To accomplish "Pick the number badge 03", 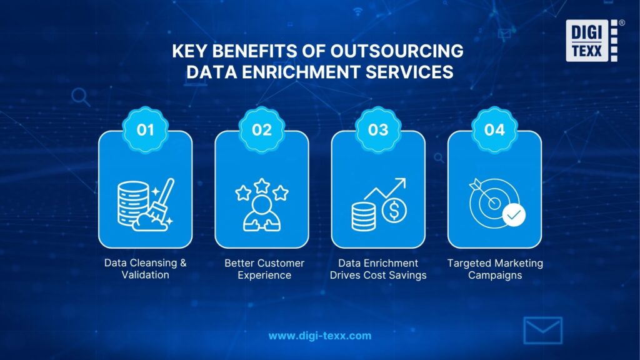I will pyautogui.click(x=378, y=130).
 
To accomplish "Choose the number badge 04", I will pyautogui.click(x=494, y=130).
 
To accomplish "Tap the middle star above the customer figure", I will pyautogui.click(x=261, y=186).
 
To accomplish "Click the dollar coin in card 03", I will pyautogui.click(x=394, y=211).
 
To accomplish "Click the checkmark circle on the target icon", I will pyautogui.click(x=514, y=216).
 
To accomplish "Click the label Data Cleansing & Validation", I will pyautogui.click(x=145, y=269).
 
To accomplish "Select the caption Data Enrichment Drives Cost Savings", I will pyautogui.click(x=378, y=269).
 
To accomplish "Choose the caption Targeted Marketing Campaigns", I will pyautogui.click(x=495, y=269).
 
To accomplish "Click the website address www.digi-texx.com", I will pyautogui.click(x=319, y=336).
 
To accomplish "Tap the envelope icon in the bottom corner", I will pyautogui.click(x=542, y=330).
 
